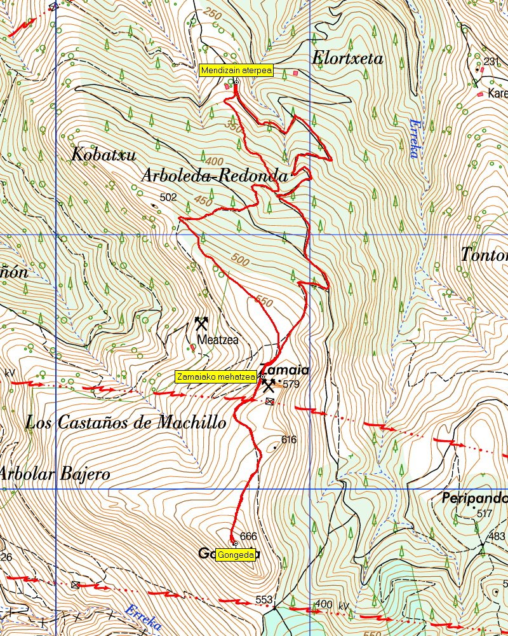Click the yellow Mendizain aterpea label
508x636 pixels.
(x=236, y=71)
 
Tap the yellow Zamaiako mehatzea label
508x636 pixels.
(x=216, y=377)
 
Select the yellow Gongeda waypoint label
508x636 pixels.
(x=236, y=555)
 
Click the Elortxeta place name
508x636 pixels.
(x=347, y=59)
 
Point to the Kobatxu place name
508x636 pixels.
(x=104, y=155)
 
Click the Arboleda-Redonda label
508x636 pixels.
(x=215, y=176)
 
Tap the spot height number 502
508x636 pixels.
(x=168, y=198)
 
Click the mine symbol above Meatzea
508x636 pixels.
(x=202, y=322)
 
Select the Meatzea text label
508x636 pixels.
(x=218, y=340)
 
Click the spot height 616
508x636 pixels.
(x=289, y=439)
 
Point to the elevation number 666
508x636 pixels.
(x=249, y=536)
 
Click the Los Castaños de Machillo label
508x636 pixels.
(x=126, y=422)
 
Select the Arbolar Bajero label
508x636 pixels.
(x=55, y=474)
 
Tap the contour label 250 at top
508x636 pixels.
(x=213, y=13)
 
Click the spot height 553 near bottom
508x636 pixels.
(x=264, y=600)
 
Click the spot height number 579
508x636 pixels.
(x=291, y=384)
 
